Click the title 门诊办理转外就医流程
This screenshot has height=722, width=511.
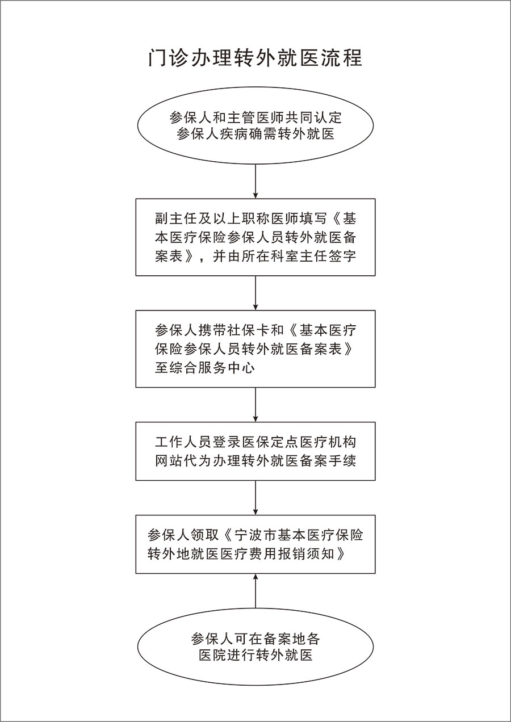(256, 58)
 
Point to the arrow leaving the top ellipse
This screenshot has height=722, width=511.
(256, 182)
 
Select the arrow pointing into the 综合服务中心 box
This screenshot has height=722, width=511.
(256, 293)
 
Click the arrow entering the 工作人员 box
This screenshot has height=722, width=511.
(256, 405)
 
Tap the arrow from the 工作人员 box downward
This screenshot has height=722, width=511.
(256, 498)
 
